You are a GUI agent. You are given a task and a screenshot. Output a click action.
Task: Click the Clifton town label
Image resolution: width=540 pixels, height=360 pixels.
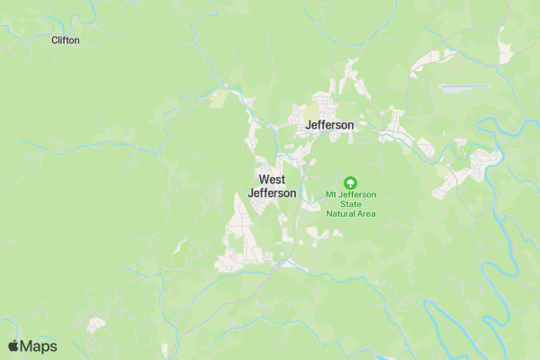click(x=66, y=40)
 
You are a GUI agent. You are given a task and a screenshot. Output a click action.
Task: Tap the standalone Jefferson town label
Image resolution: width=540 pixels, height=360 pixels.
click(x=329, y=125)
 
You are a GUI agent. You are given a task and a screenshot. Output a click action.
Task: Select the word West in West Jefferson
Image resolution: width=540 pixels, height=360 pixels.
click(x=272, y=180)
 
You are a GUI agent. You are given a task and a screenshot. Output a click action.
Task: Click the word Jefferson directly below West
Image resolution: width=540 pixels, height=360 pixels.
click(x=272, y=193)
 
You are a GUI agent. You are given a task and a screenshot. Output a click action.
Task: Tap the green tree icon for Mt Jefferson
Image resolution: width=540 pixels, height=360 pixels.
click(x=351, y=182)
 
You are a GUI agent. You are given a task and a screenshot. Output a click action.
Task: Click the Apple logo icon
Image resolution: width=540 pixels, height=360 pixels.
click(x=13, y=346)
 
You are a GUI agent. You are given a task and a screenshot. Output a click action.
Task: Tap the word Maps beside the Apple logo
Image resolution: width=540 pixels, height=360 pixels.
click(x=39, y=346)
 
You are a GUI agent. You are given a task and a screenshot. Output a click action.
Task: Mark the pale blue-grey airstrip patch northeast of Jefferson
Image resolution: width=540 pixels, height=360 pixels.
click(x=464, y=88)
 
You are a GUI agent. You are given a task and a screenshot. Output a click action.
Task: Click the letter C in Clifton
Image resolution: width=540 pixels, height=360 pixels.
click(x=55, y=40)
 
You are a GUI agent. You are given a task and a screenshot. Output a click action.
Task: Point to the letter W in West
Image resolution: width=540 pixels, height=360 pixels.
click(x=263, y=180)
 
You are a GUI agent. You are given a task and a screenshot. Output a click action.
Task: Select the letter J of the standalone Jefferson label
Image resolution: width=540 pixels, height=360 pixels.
click(x=309, y=125)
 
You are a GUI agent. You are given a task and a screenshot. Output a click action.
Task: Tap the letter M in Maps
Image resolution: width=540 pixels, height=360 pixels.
click(x=26, y=346)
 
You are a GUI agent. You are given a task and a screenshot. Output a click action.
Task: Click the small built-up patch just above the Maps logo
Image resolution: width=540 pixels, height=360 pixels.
click(x=95, y=324)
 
